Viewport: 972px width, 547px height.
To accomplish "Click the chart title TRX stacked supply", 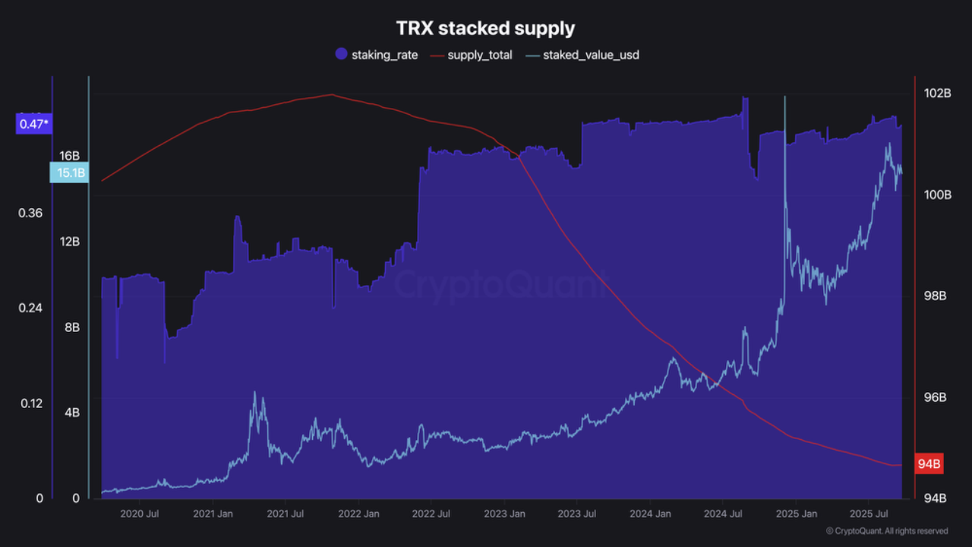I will (485, 28).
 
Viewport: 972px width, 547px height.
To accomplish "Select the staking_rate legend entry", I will (377, 55).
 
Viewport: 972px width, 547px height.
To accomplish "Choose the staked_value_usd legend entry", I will (582, 55).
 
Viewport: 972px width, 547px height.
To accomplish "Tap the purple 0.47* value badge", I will (33, 123).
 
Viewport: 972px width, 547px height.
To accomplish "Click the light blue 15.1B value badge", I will (71, 173).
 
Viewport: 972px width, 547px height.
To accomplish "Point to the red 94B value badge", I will (929, 464).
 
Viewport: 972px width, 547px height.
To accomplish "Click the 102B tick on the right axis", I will (937, 93).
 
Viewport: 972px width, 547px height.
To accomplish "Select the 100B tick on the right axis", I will (937, 194).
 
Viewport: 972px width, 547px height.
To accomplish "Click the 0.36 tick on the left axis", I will (30, 213).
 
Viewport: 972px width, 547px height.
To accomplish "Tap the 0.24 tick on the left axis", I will (30, 308).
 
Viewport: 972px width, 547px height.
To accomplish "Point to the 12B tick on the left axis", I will (70, 242).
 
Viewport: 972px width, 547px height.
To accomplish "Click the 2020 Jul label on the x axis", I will (140, 514).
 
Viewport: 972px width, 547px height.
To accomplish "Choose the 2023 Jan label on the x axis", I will (505, 514).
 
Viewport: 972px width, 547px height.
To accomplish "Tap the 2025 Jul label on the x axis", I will (869, 514).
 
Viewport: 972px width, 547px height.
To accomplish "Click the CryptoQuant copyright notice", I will (886, 531).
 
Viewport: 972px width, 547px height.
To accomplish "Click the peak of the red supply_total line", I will (331, 95).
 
